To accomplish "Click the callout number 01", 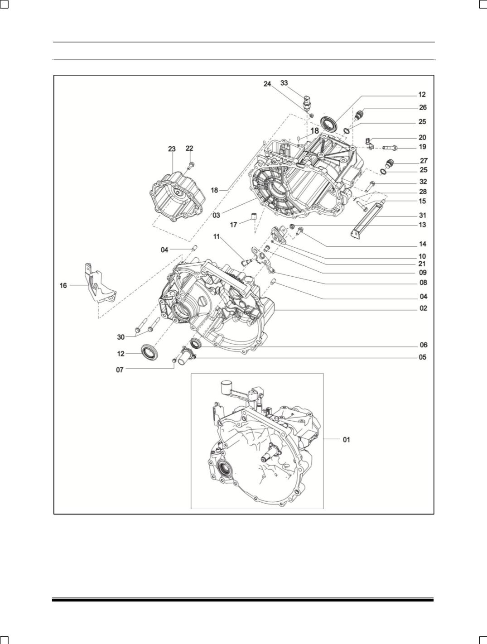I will tap(346, 439).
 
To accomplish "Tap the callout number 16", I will tap(63, 285).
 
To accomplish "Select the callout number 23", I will tap(172, 149).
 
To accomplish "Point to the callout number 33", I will tap(284, 83).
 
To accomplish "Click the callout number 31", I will tap(422, 216).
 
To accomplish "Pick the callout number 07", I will tap(120, 369).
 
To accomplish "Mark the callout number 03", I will tap(216, 216).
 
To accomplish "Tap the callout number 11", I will tap(217, 236).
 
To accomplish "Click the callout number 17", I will tap(234, 225).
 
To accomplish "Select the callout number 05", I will tap(422, 357).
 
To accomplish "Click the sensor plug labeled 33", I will tap(308, 102).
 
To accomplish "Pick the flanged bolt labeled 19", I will tap(390, 147).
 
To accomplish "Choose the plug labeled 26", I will tap(359, 115).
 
